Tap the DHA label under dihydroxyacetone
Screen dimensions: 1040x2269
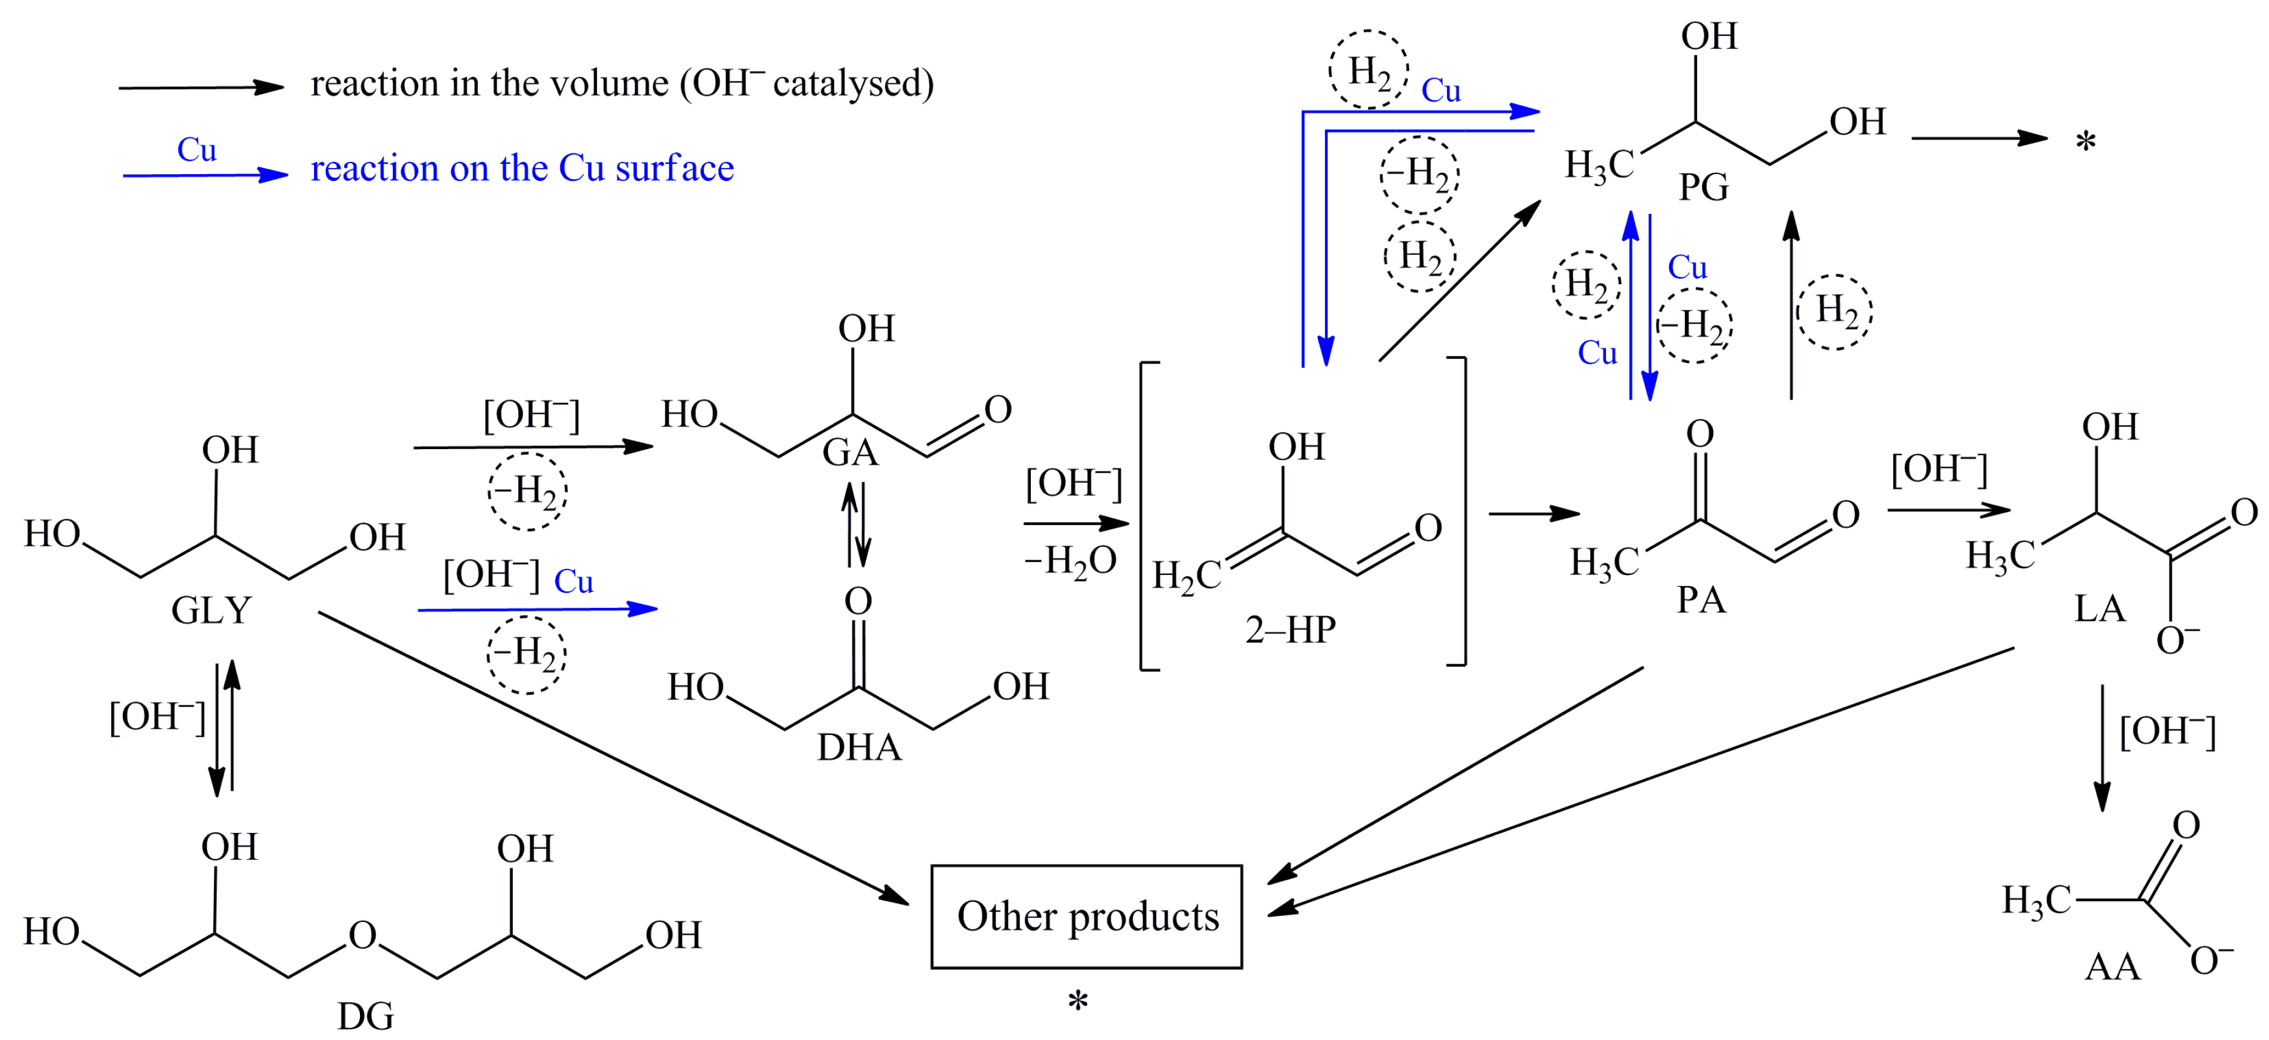click(859, 748)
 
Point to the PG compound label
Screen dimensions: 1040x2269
click(1703, 187)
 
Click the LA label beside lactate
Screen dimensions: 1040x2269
click(2099, 609)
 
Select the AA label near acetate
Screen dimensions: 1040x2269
click(2112, 967)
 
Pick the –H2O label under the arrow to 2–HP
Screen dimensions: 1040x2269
click(1070, 561)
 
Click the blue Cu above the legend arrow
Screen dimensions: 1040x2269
click(196, 150)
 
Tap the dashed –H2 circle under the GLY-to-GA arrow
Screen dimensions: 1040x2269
click(527, 491)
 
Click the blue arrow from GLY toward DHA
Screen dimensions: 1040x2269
click(537, 609)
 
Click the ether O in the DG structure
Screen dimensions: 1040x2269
click(362, 936)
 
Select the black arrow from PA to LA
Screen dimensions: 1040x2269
click(1948, 510)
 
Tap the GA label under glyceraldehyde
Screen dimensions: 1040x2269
click(850, 453)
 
